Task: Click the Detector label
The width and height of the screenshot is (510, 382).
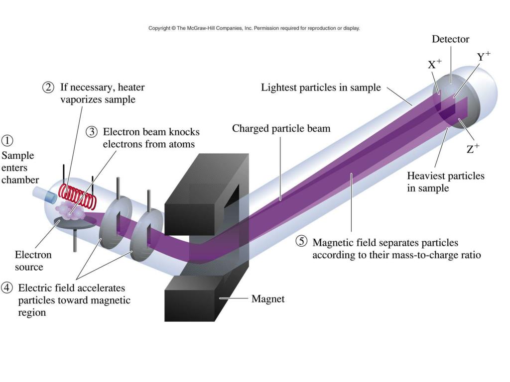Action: [450, 39]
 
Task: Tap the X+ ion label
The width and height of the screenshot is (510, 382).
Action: [434, 64]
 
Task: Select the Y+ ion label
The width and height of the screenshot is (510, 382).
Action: [484, 56]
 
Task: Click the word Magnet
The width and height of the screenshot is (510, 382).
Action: [267, 298]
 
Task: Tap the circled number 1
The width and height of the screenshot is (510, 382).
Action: [7, 141]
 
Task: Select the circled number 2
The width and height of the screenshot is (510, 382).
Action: [48, 88]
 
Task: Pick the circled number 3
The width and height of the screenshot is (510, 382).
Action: [92, 132]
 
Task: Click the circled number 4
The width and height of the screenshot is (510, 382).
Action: [7, 288]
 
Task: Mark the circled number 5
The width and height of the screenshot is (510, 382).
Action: [301, 241]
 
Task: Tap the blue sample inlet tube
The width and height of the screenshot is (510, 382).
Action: [44, 196]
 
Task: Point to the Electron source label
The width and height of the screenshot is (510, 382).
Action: [33, 261]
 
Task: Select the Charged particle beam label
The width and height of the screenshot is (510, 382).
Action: [281, 129]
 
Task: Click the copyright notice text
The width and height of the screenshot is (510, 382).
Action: [254, 28]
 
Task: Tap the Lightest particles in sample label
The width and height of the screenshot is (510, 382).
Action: [321, 88]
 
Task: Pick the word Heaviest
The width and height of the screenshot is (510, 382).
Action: [426, 176]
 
